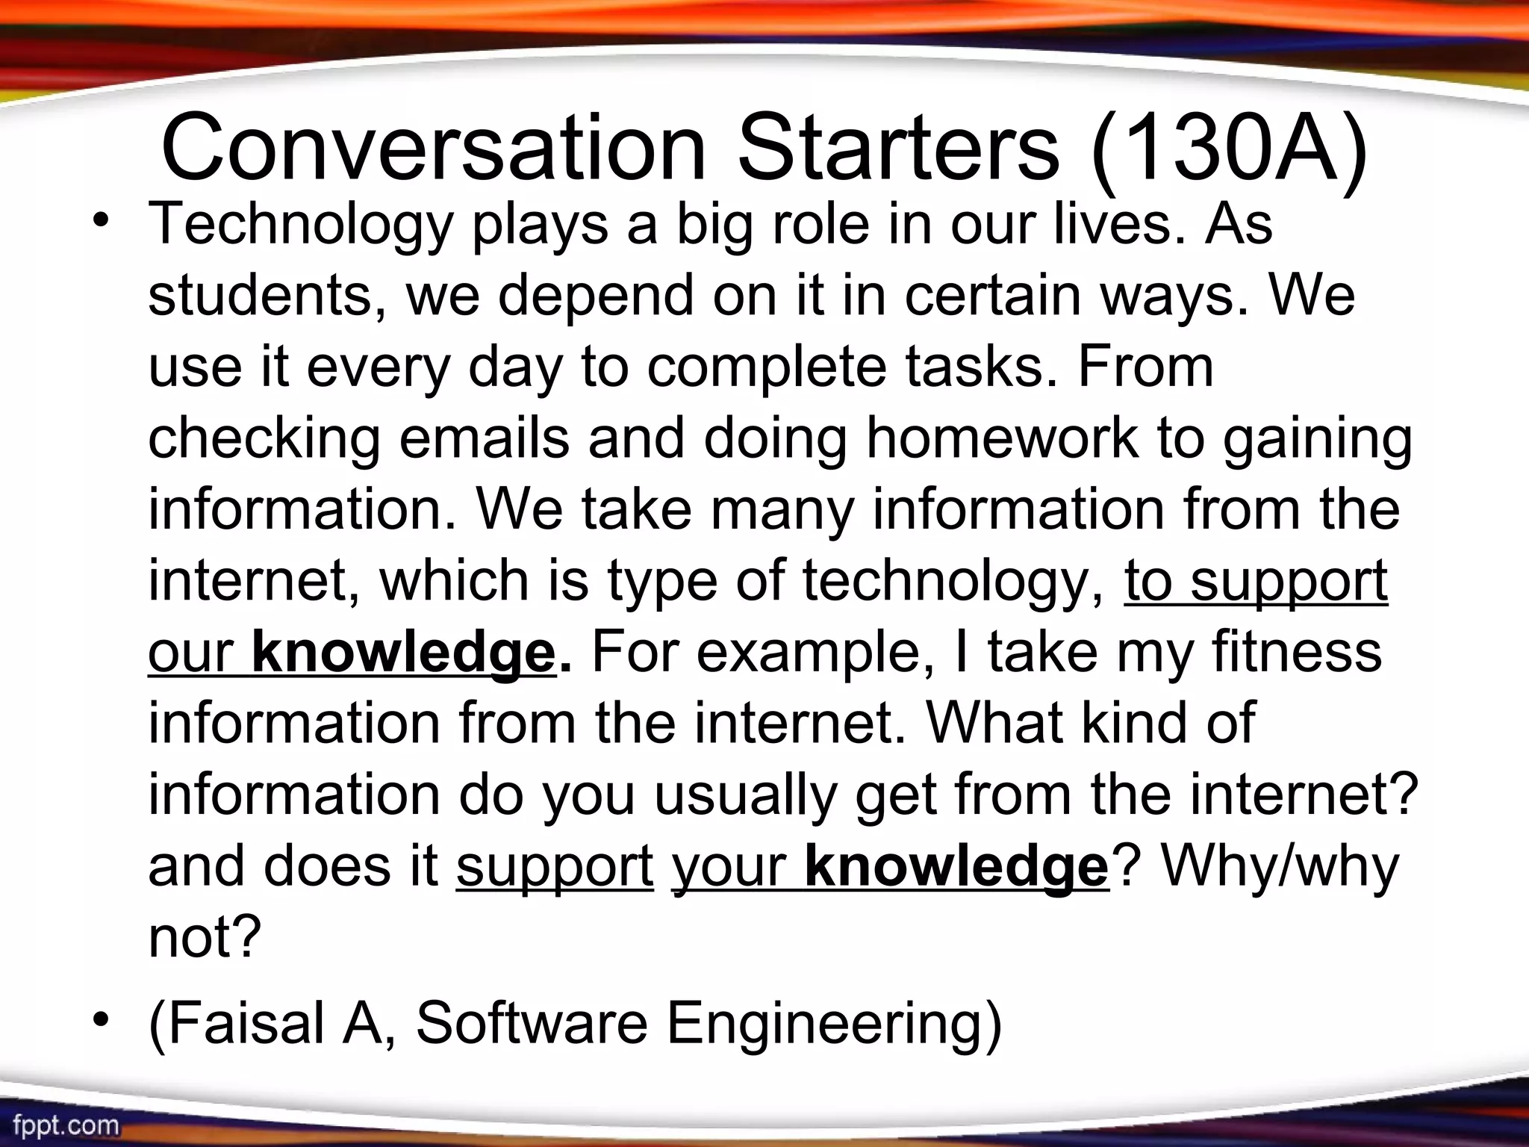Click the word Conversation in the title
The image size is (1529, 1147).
(x=433, y=147)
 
